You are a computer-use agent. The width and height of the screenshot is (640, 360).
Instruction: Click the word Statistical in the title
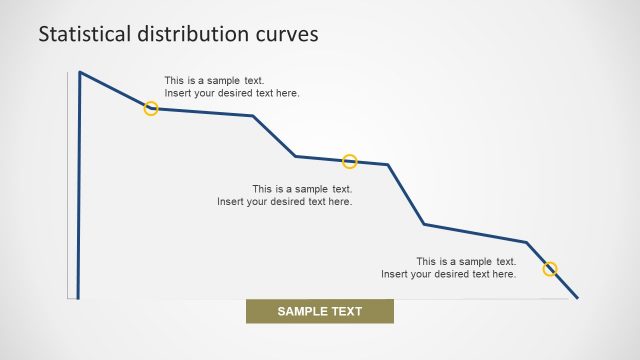(82, 33)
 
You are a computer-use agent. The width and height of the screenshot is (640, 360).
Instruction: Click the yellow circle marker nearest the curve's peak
(151, 108)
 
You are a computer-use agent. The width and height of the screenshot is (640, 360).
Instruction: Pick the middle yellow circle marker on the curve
(350, 161)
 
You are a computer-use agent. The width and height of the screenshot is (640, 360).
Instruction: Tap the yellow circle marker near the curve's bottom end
(550, 268)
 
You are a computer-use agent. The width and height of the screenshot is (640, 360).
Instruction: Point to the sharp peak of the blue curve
(80, 72)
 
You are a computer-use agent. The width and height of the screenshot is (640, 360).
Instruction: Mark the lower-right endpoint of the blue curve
(577, 297)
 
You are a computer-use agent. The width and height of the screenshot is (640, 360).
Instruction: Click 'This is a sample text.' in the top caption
(215, 81)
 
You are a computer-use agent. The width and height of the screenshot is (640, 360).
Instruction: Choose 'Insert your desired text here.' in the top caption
(232, 93)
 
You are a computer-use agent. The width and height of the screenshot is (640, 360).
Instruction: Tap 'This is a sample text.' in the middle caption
(302, 189)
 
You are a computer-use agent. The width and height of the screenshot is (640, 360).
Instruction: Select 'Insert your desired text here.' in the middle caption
(285, 201)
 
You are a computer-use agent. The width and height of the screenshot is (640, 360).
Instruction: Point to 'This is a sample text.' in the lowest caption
(466, 262)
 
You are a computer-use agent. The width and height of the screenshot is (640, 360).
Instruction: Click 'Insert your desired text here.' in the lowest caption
(449, 274)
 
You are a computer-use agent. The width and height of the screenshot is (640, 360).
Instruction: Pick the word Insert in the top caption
(179, 93)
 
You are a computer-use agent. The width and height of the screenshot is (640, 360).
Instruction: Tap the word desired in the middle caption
(287, 201)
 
